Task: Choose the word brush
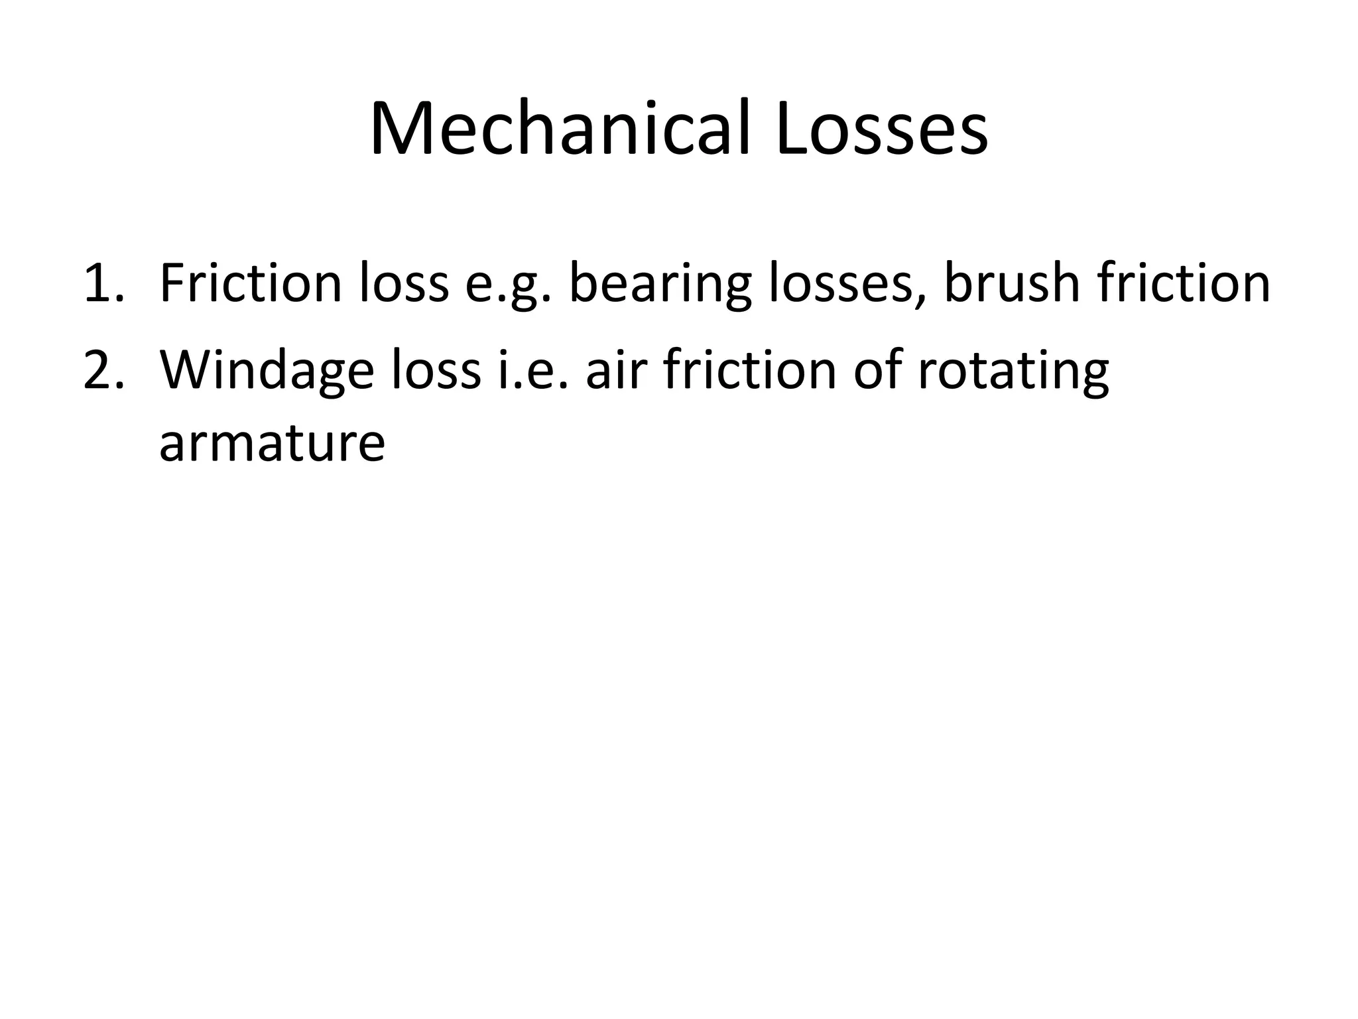click(1012, 284)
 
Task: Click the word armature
click(272, 443)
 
